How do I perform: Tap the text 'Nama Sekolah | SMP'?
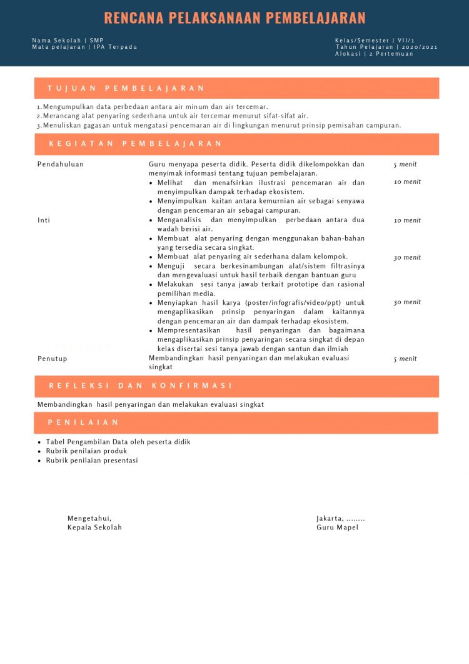tap(68, 40)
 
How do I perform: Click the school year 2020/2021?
tap(420, 47)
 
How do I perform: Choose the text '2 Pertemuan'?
tap(391, 54)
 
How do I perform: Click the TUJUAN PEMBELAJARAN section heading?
tap(126, 88)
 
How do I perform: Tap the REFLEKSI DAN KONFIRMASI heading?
tap(141, 386)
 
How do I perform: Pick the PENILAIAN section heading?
tap(84, 422)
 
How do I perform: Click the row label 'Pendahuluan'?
tap(61, 165)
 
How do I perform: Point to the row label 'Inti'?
tap(44, 220)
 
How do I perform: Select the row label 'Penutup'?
tap(52, 359)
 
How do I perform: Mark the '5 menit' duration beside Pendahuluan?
tap(405, 165)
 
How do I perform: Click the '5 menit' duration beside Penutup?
tap(405, 359)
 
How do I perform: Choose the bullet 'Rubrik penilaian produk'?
tap(86, 451)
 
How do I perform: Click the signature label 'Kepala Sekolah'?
tap(94, 528)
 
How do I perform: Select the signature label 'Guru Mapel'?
tap(337, 528)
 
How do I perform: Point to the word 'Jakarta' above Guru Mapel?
tap(330, 518)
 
